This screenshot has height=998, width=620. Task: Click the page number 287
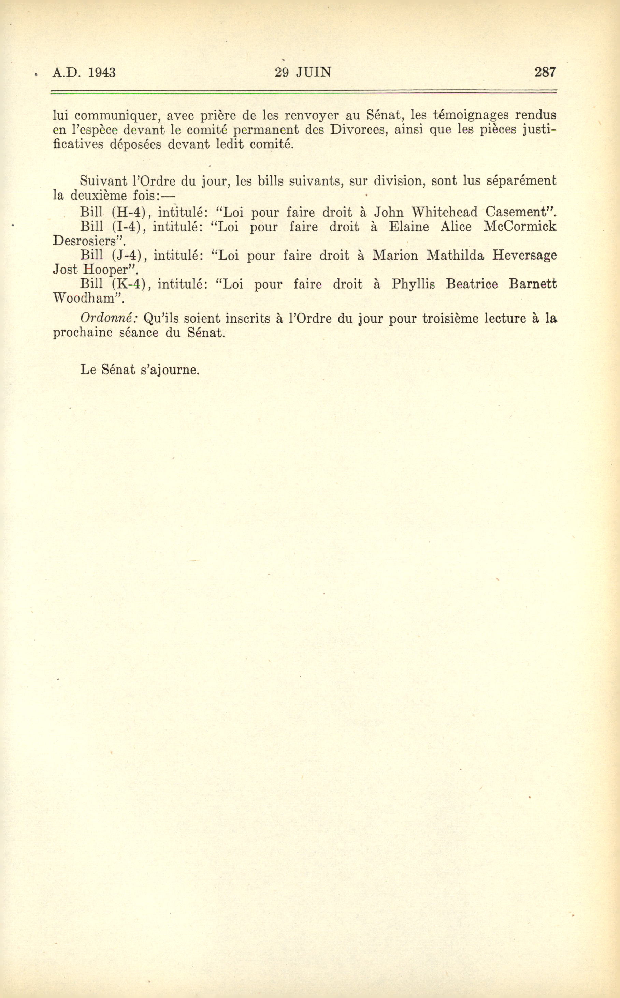(545, 72)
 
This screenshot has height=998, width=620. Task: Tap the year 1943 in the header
(102, 73)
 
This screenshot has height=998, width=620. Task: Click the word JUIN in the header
(314, 72)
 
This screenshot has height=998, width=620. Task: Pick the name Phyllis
(413, 284)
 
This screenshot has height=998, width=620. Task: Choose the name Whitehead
(445, 212)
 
